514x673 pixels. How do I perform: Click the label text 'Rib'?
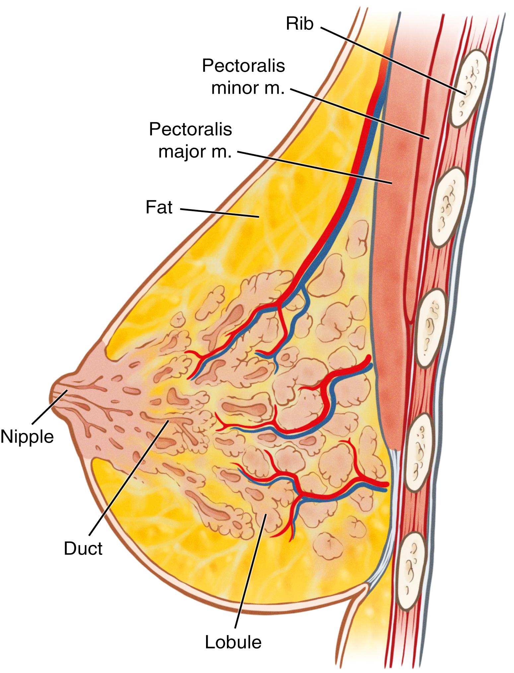pyautogui.click(x=300, y=24)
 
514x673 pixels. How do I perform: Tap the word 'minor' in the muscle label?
pyautogui.click(x=236, y=89)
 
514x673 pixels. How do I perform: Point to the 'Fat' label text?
pyautogui.click(x=159, y=207)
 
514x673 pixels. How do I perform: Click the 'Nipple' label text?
pyautogui.click(x=27, y=436)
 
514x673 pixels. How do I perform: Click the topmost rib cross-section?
pyautogui.click(x=469, y=88)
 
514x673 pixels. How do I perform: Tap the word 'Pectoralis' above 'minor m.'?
pyautogui.click(x=244, y=66)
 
